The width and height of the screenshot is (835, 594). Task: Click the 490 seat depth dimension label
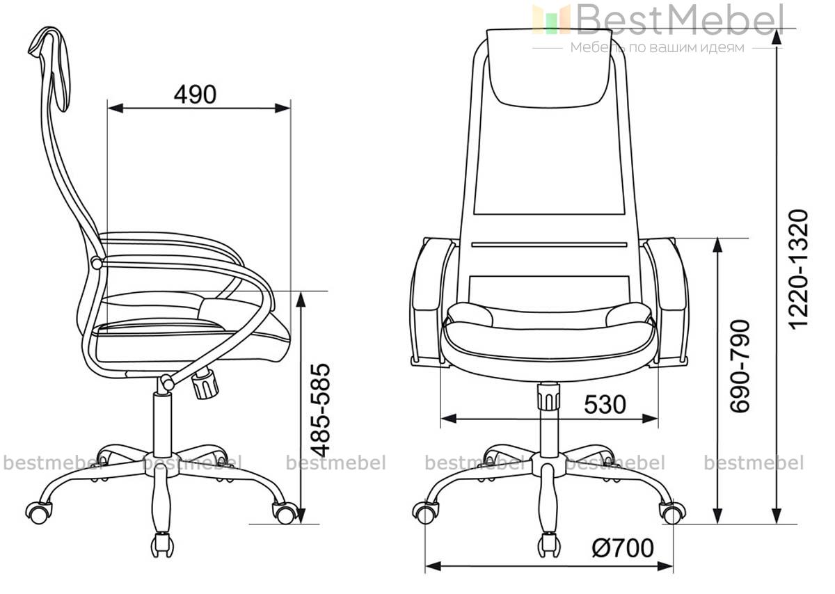[195, 95]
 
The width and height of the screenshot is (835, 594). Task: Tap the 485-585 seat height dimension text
[321, 410]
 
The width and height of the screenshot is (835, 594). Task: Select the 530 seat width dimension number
[605, 405]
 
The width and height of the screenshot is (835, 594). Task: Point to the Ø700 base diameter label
[623, 548]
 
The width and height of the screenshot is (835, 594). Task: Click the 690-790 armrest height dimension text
[740, 367]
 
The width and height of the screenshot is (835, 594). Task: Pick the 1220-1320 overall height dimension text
[800, 270]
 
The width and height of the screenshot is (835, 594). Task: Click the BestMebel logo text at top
[680, 19]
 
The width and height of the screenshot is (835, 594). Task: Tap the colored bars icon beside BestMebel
[551, 19]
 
